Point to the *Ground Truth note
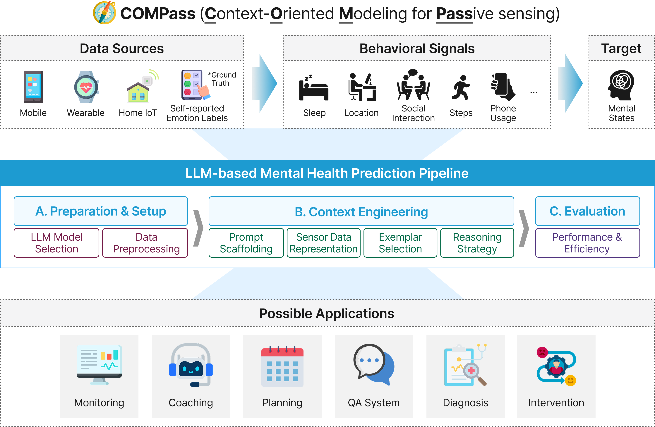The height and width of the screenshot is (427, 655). pyautogui.click(x=222, y=79)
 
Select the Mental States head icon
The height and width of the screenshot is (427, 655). pyautogui.click(x=621, y=85)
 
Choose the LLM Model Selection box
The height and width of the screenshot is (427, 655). pyautogui.click(x=56, y=243)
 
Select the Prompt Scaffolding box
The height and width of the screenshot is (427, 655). pyautogui.click(x=246, y=243)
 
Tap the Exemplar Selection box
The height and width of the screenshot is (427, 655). pyautogui.click(x=400, y=243)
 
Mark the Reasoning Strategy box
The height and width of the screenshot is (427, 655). pyautogui.click(x=477, y=243)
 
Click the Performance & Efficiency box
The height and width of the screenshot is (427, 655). pyautogui.click(x=587, y=243)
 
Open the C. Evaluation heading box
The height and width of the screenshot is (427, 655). pyautogui.click(x=587, y=211)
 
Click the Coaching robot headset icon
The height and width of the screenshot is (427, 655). pyautogui.click(x=191, y=365)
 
